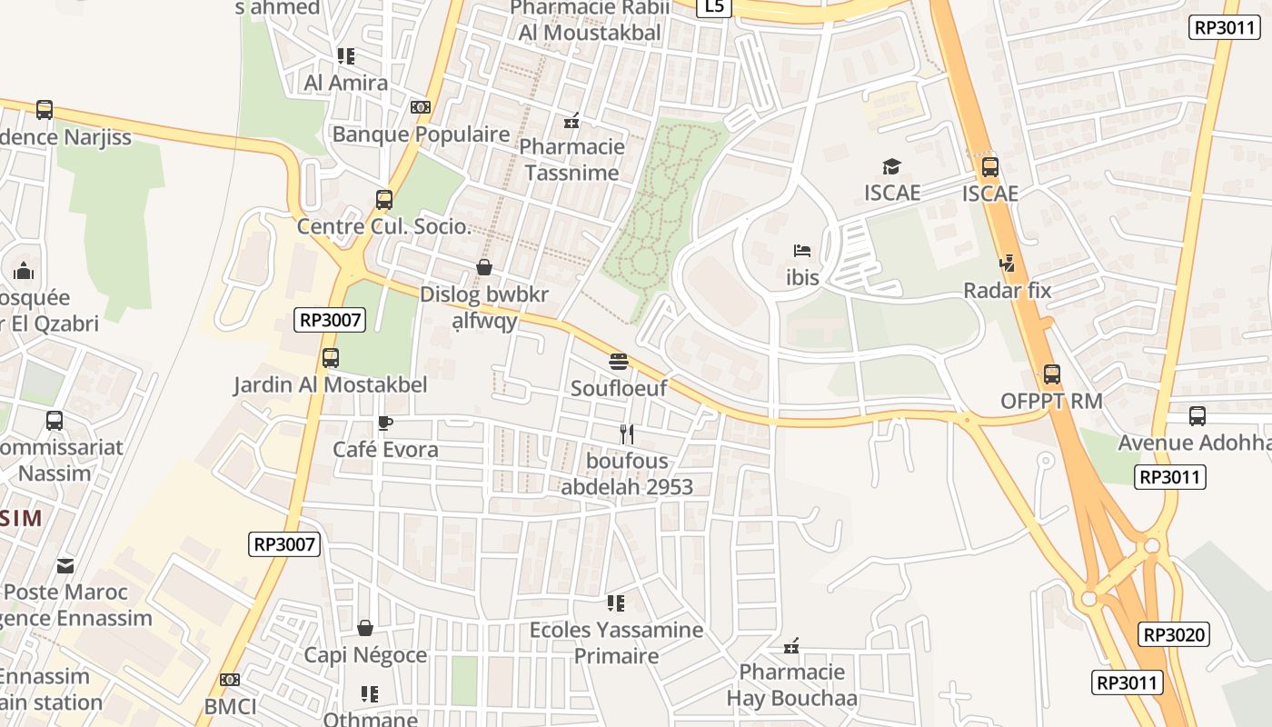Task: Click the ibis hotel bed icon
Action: (801, 250)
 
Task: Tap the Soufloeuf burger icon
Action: (619, 362)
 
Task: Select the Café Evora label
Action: (385, 449)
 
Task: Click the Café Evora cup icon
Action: (384, 423)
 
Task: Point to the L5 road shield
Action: (714, 7)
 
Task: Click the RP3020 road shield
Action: (1174, 634)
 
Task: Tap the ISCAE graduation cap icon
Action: (891, 166)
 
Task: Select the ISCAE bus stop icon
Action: (990, 166)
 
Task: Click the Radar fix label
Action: (1007, 291)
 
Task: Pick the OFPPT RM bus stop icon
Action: (1051, 373)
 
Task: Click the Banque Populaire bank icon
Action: (420, 107)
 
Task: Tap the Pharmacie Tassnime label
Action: (571, 159)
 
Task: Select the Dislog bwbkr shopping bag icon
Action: (484, 267)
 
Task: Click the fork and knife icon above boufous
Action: (626, 433)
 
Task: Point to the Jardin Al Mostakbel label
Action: (331, 384)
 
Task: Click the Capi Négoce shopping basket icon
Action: (365, 628)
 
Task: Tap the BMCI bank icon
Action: (230, 680)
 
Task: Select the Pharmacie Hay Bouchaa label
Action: (791, 685)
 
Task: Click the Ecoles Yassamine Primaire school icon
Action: (616, 603)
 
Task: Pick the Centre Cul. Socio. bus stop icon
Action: (384, 200)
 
